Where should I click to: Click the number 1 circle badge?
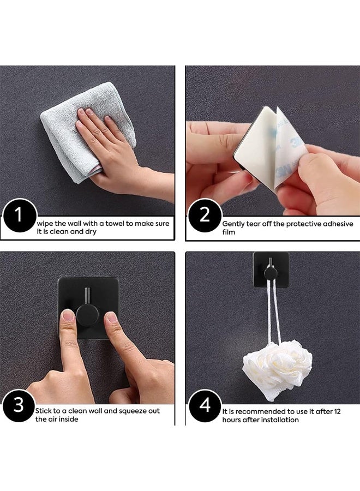[x=19, y=215]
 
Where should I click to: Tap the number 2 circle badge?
[x=205, y=215]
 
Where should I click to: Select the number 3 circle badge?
[x=19, y=405]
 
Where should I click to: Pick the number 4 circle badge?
[x=205, y=405]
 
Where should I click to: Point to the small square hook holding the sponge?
[x=271, y=270]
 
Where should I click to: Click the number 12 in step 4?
[x=337, y=411]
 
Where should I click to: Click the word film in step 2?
[x=229, y=232]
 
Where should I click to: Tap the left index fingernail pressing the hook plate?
[x=68, y=315]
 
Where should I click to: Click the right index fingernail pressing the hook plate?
[x=111, y=317]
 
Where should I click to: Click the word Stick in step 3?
[x=43, y=411]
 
